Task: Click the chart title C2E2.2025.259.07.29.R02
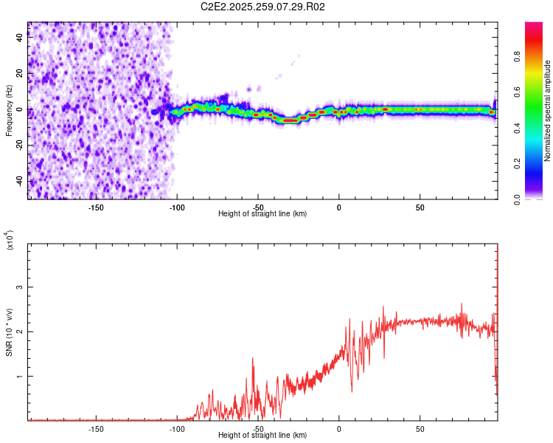pos(262,7)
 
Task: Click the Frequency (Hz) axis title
pos(9,111)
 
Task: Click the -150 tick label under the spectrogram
pos(96,207)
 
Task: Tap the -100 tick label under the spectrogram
pos(177,207)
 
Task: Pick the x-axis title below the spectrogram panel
pos(262,214)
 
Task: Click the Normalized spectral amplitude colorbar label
pos(547,111)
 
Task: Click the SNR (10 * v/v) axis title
pos(9,332)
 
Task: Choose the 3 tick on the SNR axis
pos(19,287)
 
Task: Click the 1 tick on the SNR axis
pos(19,376)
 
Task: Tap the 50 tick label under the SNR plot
pos(420,429)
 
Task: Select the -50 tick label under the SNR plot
pos(258,429)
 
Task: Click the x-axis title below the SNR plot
pos(262,436)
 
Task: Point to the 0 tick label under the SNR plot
pos(339,429)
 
